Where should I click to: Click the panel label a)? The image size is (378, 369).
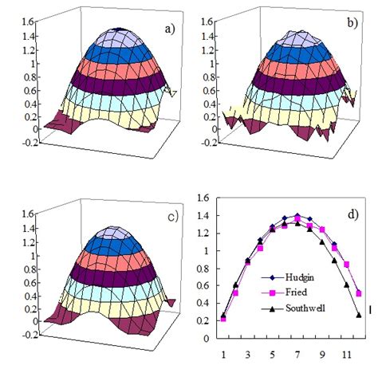click(168, 30)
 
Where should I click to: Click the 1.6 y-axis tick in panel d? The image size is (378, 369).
click(203, 198)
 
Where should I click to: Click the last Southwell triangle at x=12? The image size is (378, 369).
click(359, 315)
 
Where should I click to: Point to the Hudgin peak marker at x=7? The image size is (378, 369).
click(297, 216)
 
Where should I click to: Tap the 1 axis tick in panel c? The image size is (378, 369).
click(24, 263)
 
